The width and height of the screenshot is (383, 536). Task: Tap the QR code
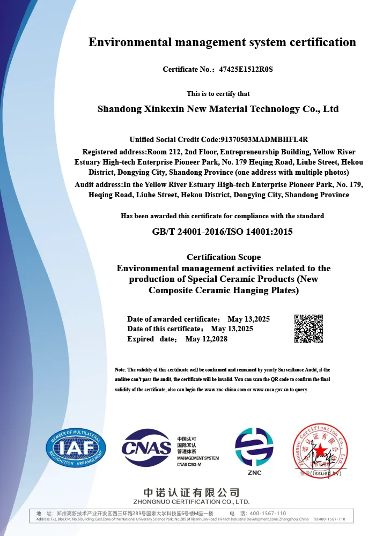(308, 329)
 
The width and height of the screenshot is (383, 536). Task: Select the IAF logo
(76, 448)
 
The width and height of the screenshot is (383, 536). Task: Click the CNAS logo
(146, 448)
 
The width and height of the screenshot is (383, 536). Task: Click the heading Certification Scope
(224, 257)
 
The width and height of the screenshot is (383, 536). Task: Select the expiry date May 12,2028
(207, 339)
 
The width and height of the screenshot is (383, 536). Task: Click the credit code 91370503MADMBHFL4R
(264, 139)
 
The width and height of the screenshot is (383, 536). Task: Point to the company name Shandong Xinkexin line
(218, 109)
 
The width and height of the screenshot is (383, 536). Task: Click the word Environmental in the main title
(127, 42)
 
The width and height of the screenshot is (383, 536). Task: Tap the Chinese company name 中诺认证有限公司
(191, 492)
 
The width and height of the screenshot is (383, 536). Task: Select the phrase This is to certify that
(218, 94)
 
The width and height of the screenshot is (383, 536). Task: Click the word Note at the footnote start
(120, 370)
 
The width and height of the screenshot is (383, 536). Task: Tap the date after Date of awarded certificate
(248, 319)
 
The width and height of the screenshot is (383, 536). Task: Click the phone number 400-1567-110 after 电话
(268, 513)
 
